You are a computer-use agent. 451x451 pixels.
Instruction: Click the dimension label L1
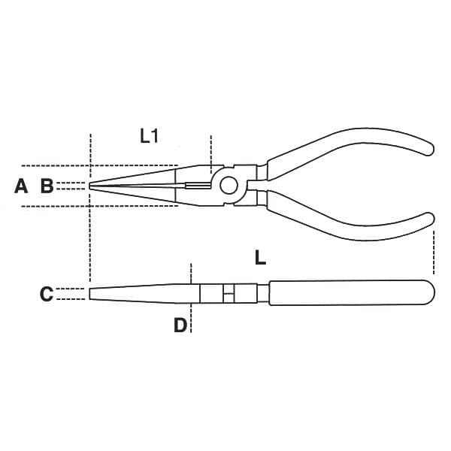pyautogui.click(x=149, y=136)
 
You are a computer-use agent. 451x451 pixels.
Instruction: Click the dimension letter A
pyautogui.click(x=21, y=186)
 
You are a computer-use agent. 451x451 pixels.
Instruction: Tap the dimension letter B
pyautogui.click(x=47, y=186)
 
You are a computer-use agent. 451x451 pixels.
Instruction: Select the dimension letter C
pyautogui.click(x=47, y=294)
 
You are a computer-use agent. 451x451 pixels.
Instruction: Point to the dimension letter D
pyautogui.click(x=180, y=325)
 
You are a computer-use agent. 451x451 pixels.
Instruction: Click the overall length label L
pyautogui.click(x=260, y=257)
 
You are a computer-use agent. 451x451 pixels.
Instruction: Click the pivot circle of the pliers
pyautogui.click(x=229, y=186)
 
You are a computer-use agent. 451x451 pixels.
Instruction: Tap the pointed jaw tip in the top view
pyautogui.click(x=90, y=186)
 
